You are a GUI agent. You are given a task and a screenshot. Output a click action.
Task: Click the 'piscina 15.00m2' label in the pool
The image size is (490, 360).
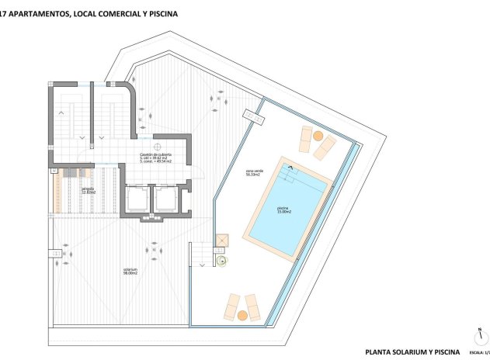click(284, 209)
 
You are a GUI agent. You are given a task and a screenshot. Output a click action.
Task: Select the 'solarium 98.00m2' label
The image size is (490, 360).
click(130, 272)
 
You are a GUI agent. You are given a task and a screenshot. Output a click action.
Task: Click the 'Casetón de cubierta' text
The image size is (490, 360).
click(156, 155)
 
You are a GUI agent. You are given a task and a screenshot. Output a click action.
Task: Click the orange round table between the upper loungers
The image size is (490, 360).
click(318, 135)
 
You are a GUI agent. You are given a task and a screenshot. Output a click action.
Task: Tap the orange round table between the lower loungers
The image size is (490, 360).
click(242, 315)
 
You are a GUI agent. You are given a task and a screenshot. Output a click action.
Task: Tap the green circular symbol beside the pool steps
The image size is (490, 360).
click(222, 261)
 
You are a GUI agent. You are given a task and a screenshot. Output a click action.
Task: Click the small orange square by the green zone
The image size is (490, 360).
click(221, 241)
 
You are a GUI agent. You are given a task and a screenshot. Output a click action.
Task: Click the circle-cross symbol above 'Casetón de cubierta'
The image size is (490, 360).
click(157, 146)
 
